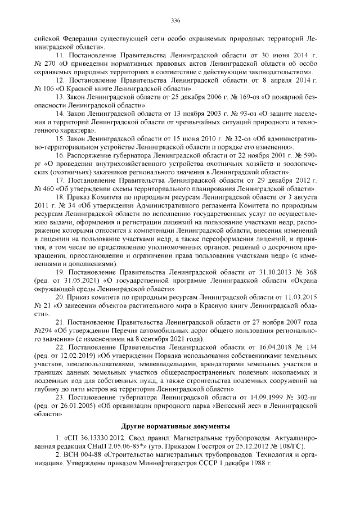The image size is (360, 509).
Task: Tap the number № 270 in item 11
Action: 44,64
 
